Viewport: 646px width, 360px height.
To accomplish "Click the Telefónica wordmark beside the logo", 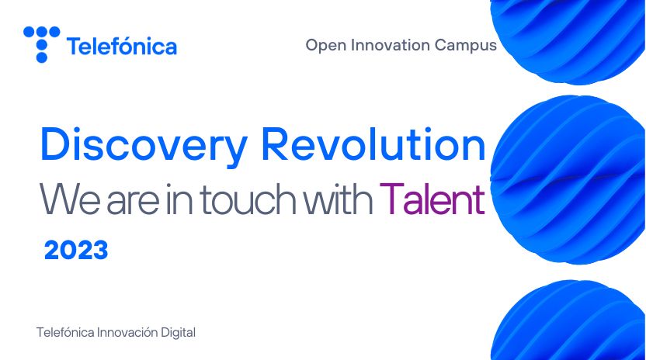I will (x=122, y=47).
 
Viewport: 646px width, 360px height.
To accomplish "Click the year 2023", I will (x=75, y=251).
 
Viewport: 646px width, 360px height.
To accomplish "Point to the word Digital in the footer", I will (x=178, y=332).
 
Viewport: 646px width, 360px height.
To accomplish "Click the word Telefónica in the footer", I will (x=64, y=332).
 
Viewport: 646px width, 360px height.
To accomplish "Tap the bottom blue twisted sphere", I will (x=571, y=322).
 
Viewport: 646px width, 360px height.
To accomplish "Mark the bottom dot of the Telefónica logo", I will (x=42, y=57).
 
